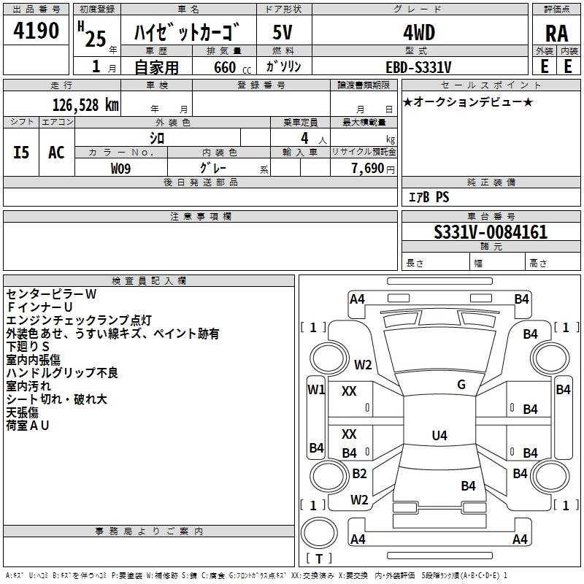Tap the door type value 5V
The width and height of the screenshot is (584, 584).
(283, 33)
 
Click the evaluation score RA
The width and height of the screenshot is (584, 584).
(556, 34)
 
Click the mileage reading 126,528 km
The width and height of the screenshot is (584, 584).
(85, 104)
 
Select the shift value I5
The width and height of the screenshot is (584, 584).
(21, 152)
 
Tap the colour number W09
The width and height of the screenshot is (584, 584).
(121, 168)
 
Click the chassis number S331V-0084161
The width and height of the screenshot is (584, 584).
(491, 233)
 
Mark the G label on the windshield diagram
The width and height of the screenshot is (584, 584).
(461, 385)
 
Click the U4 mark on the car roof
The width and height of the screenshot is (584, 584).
(439, 436)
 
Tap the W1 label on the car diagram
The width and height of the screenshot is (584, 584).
(315, 389)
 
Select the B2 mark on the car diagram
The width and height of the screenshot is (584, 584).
(359, 474)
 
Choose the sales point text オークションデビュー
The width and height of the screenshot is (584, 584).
(467, 101)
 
